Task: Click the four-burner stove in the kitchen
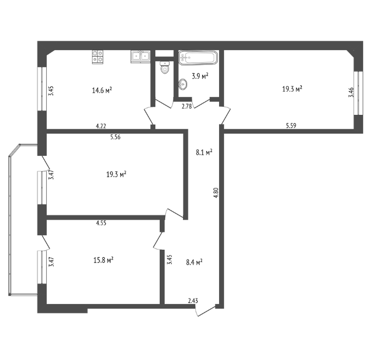(x=98, y=57)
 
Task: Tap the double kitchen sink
(x=141, y=57)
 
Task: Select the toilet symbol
(x=165, y=67)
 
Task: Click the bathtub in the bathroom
(x=198, y=57)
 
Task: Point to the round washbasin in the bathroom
(x=183, y=84)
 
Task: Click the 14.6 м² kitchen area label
(x=102, y=90)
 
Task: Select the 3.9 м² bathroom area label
(x=200, y=76)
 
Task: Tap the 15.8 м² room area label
(x=103, y=260)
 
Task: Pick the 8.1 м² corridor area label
(x=204, y=152)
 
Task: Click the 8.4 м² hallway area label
(x=194, y=262)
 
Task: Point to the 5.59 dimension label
(x=291, y=126)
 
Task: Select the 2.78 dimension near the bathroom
(x=186, y=107)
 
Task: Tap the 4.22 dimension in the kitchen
(x=101, y=126)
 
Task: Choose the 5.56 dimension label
(x=115, y=137)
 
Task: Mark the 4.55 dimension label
(x=101, y=223)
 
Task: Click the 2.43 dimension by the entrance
(x=193, y=301)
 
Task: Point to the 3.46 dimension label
(x=352, y=92)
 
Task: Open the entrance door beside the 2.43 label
(x=205, y=310)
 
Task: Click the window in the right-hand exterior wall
(x=358, y=93)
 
